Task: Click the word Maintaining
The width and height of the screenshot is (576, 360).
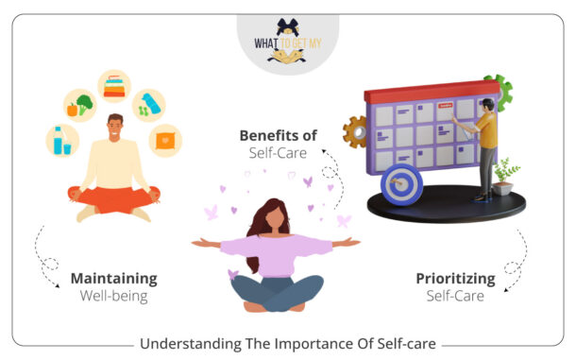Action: [x=113, y=279]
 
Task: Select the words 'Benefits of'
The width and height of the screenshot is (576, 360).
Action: [x=277, y=134]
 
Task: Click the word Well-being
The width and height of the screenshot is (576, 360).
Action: [x=113, y=298]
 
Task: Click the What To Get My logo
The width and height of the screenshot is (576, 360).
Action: [x=287, y=43]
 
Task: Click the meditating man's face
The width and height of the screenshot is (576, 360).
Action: [x=113, y=127]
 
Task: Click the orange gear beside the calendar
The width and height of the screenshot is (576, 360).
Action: [x=357, y=131]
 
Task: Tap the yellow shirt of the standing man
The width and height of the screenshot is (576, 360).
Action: [x=487, y=127]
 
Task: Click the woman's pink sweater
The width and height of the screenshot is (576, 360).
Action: [x=277, y=254]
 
